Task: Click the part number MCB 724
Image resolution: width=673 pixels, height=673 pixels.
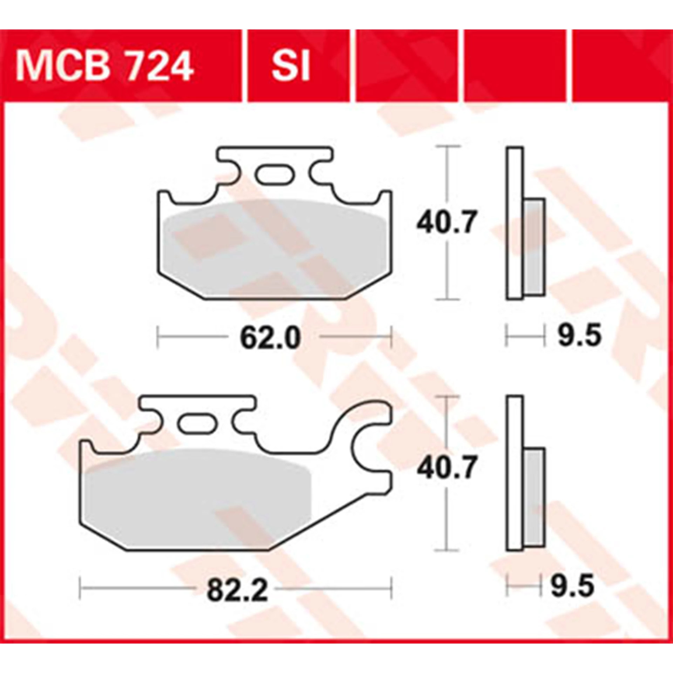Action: tap(104, 66)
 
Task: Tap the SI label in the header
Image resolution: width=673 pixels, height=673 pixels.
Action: tap(291, 66)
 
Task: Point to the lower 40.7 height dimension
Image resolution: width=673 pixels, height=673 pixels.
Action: tap(446, 469)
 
